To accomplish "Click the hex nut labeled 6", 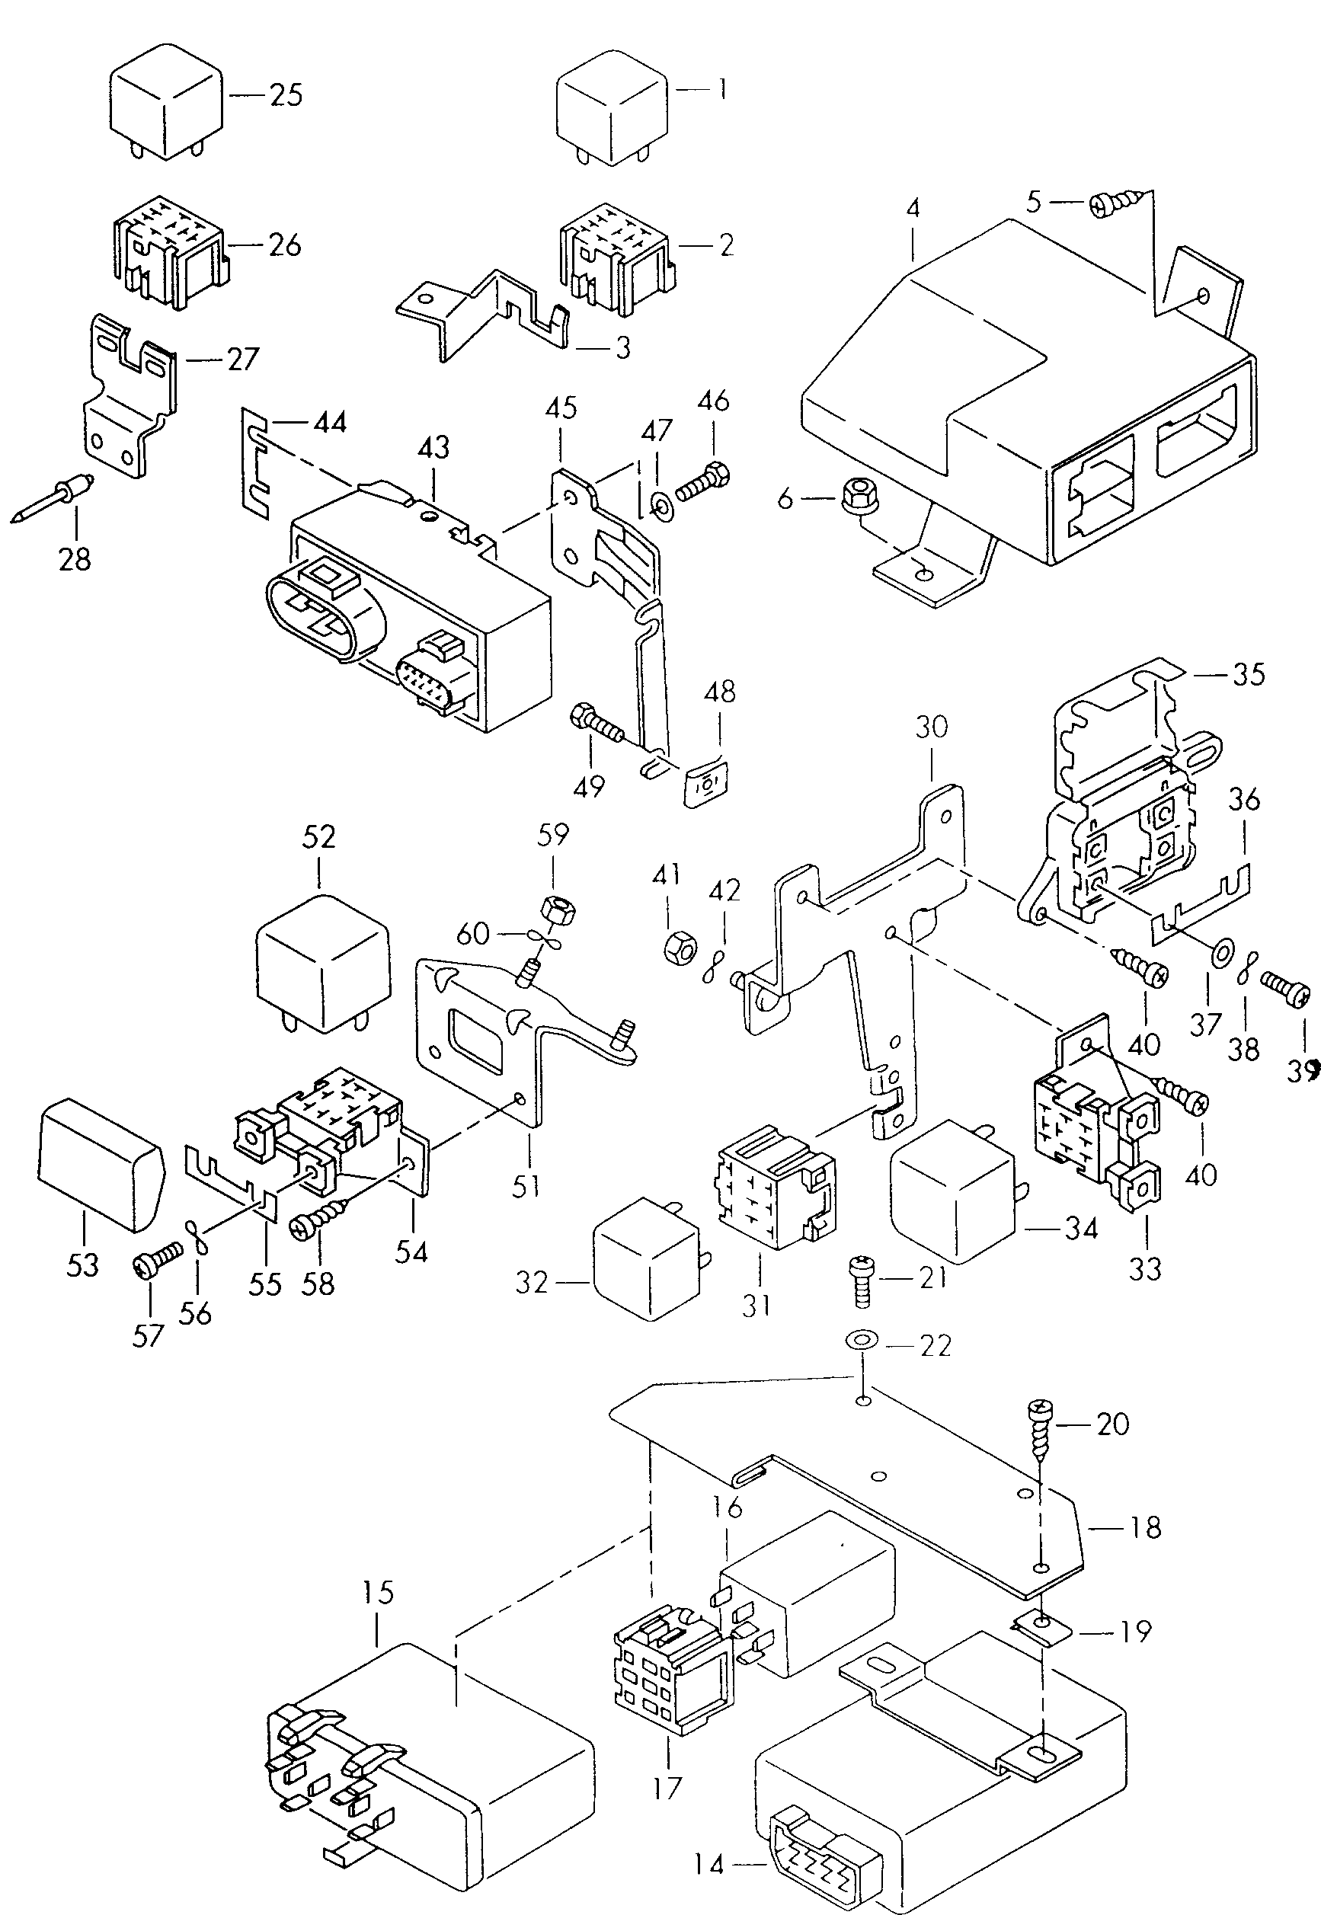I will (854, 497).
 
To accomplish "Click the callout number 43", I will (433, 448).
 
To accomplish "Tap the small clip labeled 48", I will (707, 782).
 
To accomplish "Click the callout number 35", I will (1248, 674).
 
